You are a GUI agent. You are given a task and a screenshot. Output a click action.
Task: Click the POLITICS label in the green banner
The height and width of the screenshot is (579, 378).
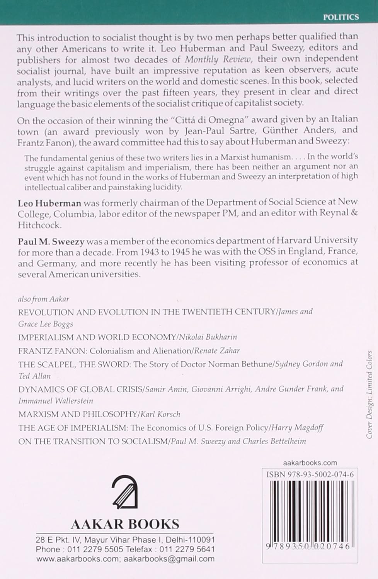[x=341, y=17]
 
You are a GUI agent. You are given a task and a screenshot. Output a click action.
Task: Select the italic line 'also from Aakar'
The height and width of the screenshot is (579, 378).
[x=44, y=299]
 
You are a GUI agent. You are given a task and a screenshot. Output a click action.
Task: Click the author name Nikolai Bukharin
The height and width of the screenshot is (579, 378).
[x=207, y=337]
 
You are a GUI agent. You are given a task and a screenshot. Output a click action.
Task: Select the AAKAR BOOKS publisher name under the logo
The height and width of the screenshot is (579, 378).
[x=125, y=524]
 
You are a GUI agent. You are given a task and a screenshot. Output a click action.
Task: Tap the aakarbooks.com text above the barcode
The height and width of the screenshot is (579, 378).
[x=310, y=462]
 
